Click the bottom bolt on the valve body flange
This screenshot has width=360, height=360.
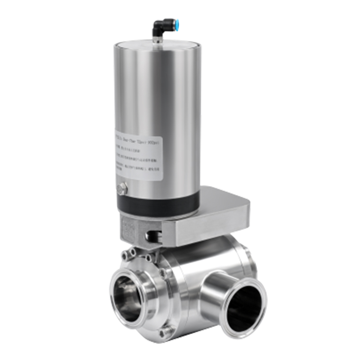167,333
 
